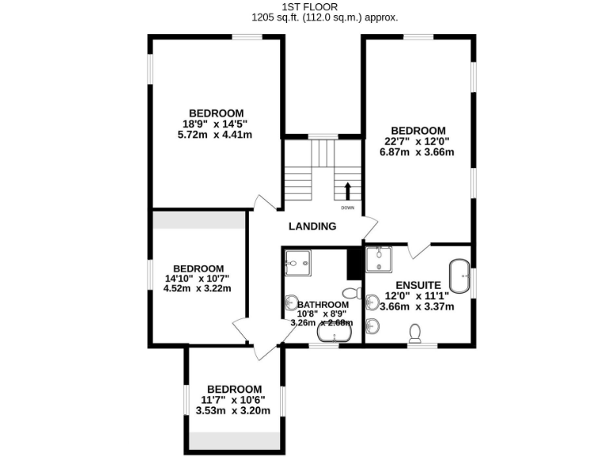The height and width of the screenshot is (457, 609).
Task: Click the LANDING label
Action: pos(312,226)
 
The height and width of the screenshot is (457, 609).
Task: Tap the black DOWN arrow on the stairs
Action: pos(347,191)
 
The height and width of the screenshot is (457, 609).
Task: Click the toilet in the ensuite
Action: pos(415,334)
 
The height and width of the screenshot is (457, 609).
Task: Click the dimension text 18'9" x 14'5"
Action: pos(216,124)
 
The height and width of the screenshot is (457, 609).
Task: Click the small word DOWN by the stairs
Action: pos(347,208)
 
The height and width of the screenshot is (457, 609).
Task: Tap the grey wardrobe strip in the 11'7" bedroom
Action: pos(234,439)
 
